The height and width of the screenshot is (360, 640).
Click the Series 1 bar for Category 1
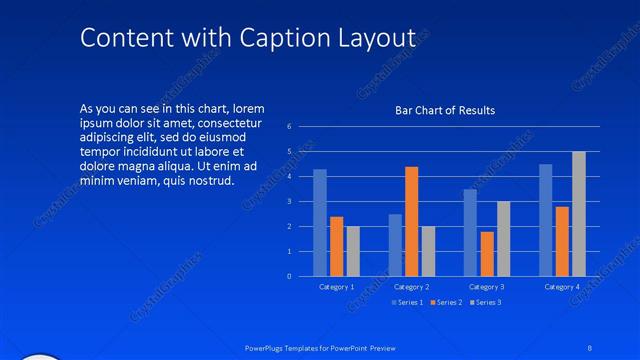pyautogui.click(x=320, y=222)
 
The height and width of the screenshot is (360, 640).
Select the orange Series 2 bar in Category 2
pyautogui.click(x=411, y=221)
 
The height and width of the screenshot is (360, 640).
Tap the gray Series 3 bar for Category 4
pyautogui.click(x=579, y=213)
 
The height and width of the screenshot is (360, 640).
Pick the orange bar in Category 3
pyautogui.click(x=487, y=253)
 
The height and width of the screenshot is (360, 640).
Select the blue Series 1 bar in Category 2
pyautogui.click(x=395, y=244)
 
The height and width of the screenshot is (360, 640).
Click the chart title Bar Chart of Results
pyautogui.click(x=445, y=110)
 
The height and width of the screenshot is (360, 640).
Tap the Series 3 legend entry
pyautogui.click(x=486, y=302)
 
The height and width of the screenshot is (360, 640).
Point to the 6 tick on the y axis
pyautogui.click(x=288, y=127)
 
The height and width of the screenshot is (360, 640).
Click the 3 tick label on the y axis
pyautogui.click(x=288, y=201)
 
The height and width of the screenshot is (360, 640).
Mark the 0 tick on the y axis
pyautogui.click(x=288, y=276)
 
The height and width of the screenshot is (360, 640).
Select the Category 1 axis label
pyautogui.click(x=336, y=287)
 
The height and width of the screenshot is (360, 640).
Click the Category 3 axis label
pyautogui.click(x=486, y=287)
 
